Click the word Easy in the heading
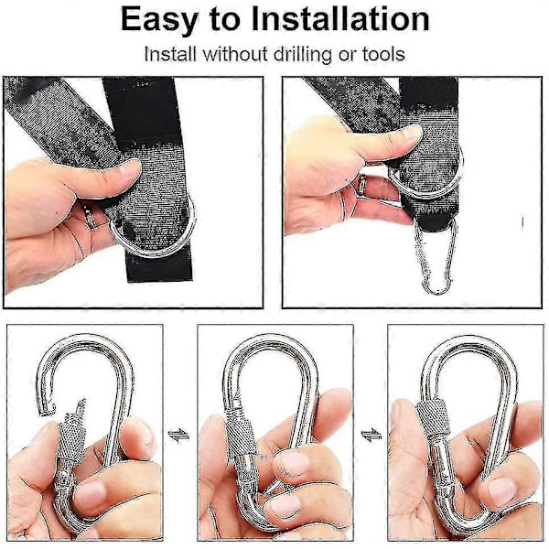(x=159, y=20)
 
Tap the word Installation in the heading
(x=340, y=19)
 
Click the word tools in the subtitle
(x=383, y=55)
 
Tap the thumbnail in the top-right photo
(x=410, y=134)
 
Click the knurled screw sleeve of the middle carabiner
(x=241, y=435)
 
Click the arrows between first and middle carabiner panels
(x=178, y=436)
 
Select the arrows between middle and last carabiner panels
(x=371, y=436)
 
